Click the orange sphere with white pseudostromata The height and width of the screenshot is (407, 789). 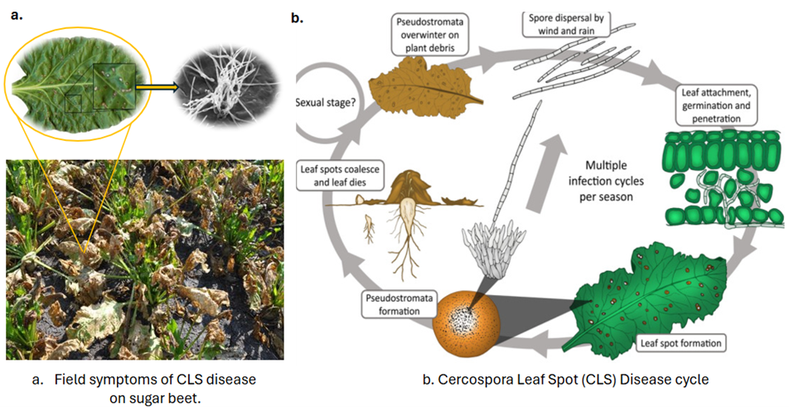462,321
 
